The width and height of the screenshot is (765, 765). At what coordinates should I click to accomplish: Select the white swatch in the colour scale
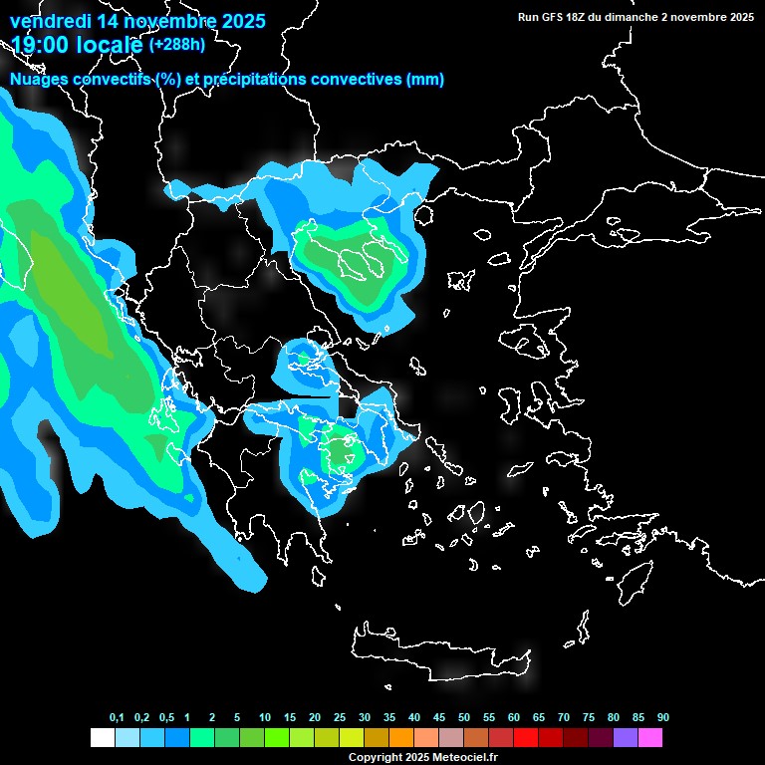coord(102,738)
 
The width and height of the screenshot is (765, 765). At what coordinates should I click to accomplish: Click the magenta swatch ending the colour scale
coord(650,738)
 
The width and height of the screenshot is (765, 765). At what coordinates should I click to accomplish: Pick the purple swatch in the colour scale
coord(626,738)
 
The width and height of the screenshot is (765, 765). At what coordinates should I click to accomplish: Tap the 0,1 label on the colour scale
coord(117,718)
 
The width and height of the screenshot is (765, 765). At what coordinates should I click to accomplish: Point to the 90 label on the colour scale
coord(663,718)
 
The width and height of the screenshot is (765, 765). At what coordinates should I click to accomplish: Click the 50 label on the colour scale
coord(464,718)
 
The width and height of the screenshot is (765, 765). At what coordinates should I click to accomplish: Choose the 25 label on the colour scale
coord(340,718)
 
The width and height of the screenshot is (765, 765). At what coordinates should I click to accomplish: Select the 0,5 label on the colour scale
coord(166,718)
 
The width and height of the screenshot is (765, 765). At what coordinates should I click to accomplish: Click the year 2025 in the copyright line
coord(416,758)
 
